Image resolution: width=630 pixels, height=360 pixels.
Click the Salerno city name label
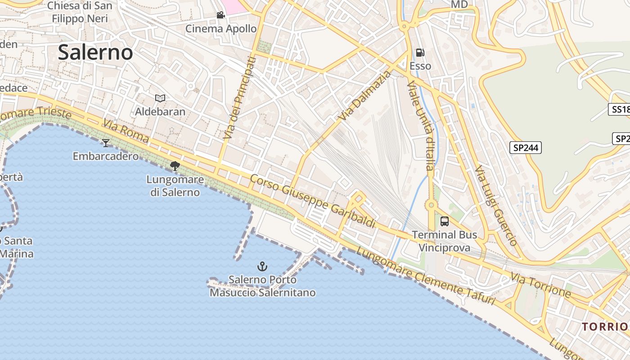click(x=95, y=53)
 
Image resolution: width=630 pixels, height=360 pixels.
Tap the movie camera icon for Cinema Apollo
click(x=220, y=15)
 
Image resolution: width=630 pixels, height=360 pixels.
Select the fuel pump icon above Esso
click(x=420, y=53)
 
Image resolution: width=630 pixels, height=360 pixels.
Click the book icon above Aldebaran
click(x=160, y=98)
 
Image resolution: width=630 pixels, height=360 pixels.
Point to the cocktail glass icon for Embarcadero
click(x=106, y=143)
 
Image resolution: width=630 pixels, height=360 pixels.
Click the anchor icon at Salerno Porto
click(x=262, y=266)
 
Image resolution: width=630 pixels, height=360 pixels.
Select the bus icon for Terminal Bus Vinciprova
click(x=445, y=221)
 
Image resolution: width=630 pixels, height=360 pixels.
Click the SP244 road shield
click(x=526, y=148)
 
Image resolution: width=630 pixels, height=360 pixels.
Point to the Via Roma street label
click(x=126, y=131)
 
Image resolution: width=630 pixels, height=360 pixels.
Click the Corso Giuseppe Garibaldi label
click(x=312, y=201)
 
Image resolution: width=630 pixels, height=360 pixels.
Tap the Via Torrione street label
click(x=540, y=286)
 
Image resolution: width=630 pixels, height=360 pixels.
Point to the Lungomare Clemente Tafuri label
click(x=425, y=275)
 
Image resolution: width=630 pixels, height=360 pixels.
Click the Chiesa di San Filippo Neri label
click(x=80, y=12)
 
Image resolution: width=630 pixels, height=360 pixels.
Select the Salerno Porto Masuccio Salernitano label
click(x=263, y=286)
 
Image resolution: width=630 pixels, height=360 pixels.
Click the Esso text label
click(x=420, y=66)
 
